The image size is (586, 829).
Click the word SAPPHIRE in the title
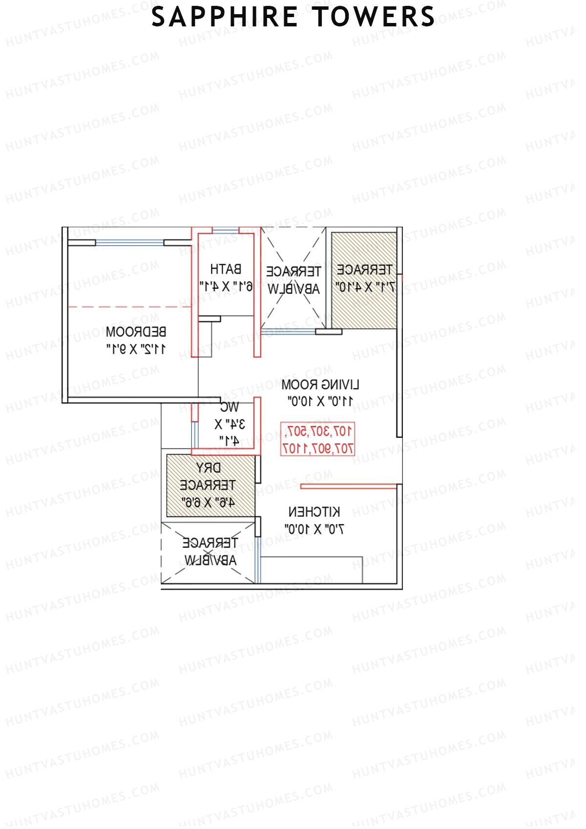click(x=225, y=17)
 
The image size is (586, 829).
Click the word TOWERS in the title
click(x=374, y=17)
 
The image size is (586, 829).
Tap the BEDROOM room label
click(x=136, y=332)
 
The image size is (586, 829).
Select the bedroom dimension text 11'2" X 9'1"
click(x=136, y=349)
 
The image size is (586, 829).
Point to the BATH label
click(x=226, y=269)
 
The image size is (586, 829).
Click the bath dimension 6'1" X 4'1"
click(x=226, y=286)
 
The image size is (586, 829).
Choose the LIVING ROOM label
click(x=320, y=385)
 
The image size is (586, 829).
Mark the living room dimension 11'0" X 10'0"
click(x=320, y=402)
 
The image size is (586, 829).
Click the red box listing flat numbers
click(x=317, y=439)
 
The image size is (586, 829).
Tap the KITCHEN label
click(x=314, y=512)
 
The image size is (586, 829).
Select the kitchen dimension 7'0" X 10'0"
click(x=314, y=529)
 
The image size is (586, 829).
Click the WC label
click(x=229, y=407)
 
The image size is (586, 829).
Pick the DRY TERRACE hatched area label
click(x=208, y=476)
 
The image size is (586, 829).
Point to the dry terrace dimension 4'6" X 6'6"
click(x=208, y=502)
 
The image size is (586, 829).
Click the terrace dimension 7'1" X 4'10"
click(x=365, y=287)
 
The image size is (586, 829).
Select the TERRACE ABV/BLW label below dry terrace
click(x=210, y=551)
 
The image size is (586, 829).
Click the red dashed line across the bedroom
click(x=129, y=307)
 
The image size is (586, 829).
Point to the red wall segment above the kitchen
click(x=348, y=486)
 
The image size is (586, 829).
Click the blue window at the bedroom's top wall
click(x=129, y=242)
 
